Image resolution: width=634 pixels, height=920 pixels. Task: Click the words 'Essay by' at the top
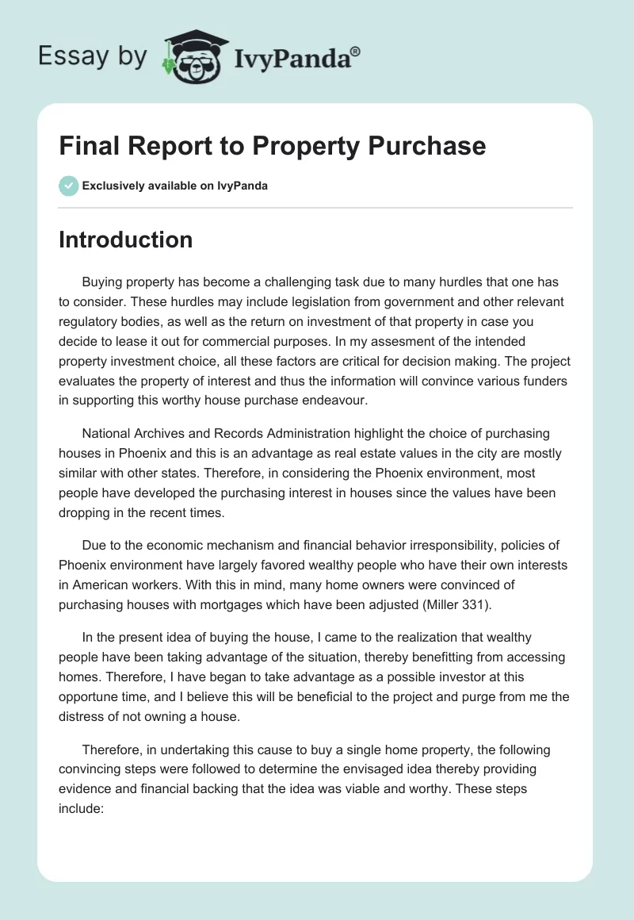tap(90, 56)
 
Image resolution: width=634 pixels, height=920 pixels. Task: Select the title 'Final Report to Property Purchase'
tap(272, 146)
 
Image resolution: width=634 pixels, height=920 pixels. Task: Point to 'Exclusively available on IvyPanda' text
tap(175, 186)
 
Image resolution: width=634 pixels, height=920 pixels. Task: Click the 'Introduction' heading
tap(125, 240)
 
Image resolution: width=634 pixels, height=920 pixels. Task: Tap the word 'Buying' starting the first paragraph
tap(103, 282)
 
